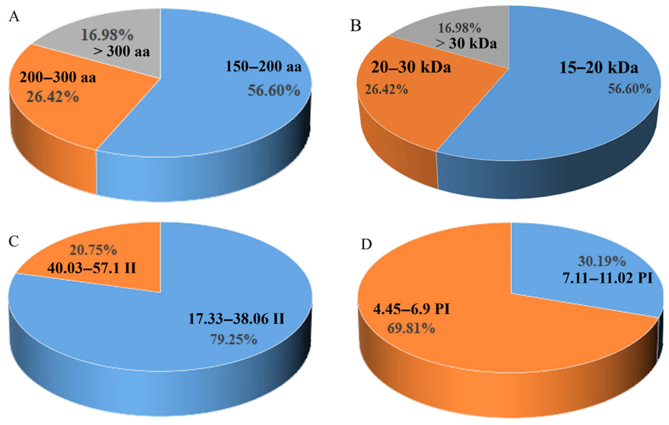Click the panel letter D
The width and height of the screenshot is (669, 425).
366,244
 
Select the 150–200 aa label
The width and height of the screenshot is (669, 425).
263,67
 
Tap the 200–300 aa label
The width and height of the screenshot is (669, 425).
58,77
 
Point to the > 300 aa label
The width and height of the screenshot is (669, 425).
121,51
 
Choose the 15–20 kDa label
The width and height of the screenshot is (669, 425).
598,68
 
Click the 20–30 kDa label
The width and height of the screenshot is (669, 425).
411,67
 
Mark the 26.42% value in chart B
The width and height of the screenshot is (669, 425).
386,89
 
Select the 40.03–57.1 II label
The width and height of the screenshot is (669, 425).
92,268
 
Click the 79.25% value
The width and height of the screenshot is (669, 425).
233,339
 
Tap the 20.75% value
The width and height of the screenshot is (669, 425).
93,250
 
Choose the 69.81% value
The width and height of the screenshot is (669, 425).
411,328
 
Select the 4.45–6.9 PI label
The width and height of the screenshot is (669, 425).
412,309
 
